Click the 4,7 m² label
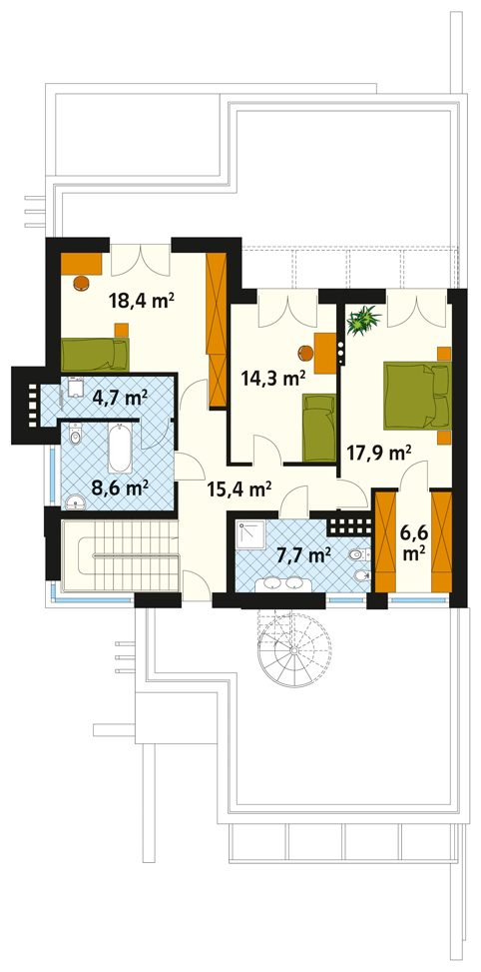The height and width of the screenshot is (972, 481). tap(120, 396)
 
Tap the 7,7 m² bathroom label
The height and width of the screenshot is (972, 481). tap(299, 556)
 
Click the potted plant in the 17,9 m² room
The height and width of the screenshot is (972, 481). tap(363, 320)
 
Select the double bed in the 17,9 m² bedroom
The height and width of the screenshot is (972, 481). tap(417, 397)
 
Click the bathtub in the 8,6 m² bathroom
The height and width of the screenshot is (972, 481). tap(120, 448)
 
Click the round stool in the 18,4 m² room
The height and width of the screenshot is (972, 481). tap(81, 283)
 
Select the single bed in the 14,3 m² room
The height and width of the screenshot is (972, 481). tap(318, 429)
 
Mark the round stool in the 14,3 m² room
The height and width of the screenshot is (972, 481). tap(305, 353)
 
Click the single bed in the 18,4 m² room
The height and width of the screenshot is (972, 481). tap(95, 354)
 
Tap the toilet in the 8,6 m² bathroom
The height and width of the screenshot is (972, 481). tap(76, 436)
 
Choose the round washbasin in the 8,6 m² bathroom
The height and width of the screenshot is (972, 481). tap(74, 502)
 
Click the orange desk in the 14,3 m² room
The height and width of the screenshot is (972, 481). tap(325, 353)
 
